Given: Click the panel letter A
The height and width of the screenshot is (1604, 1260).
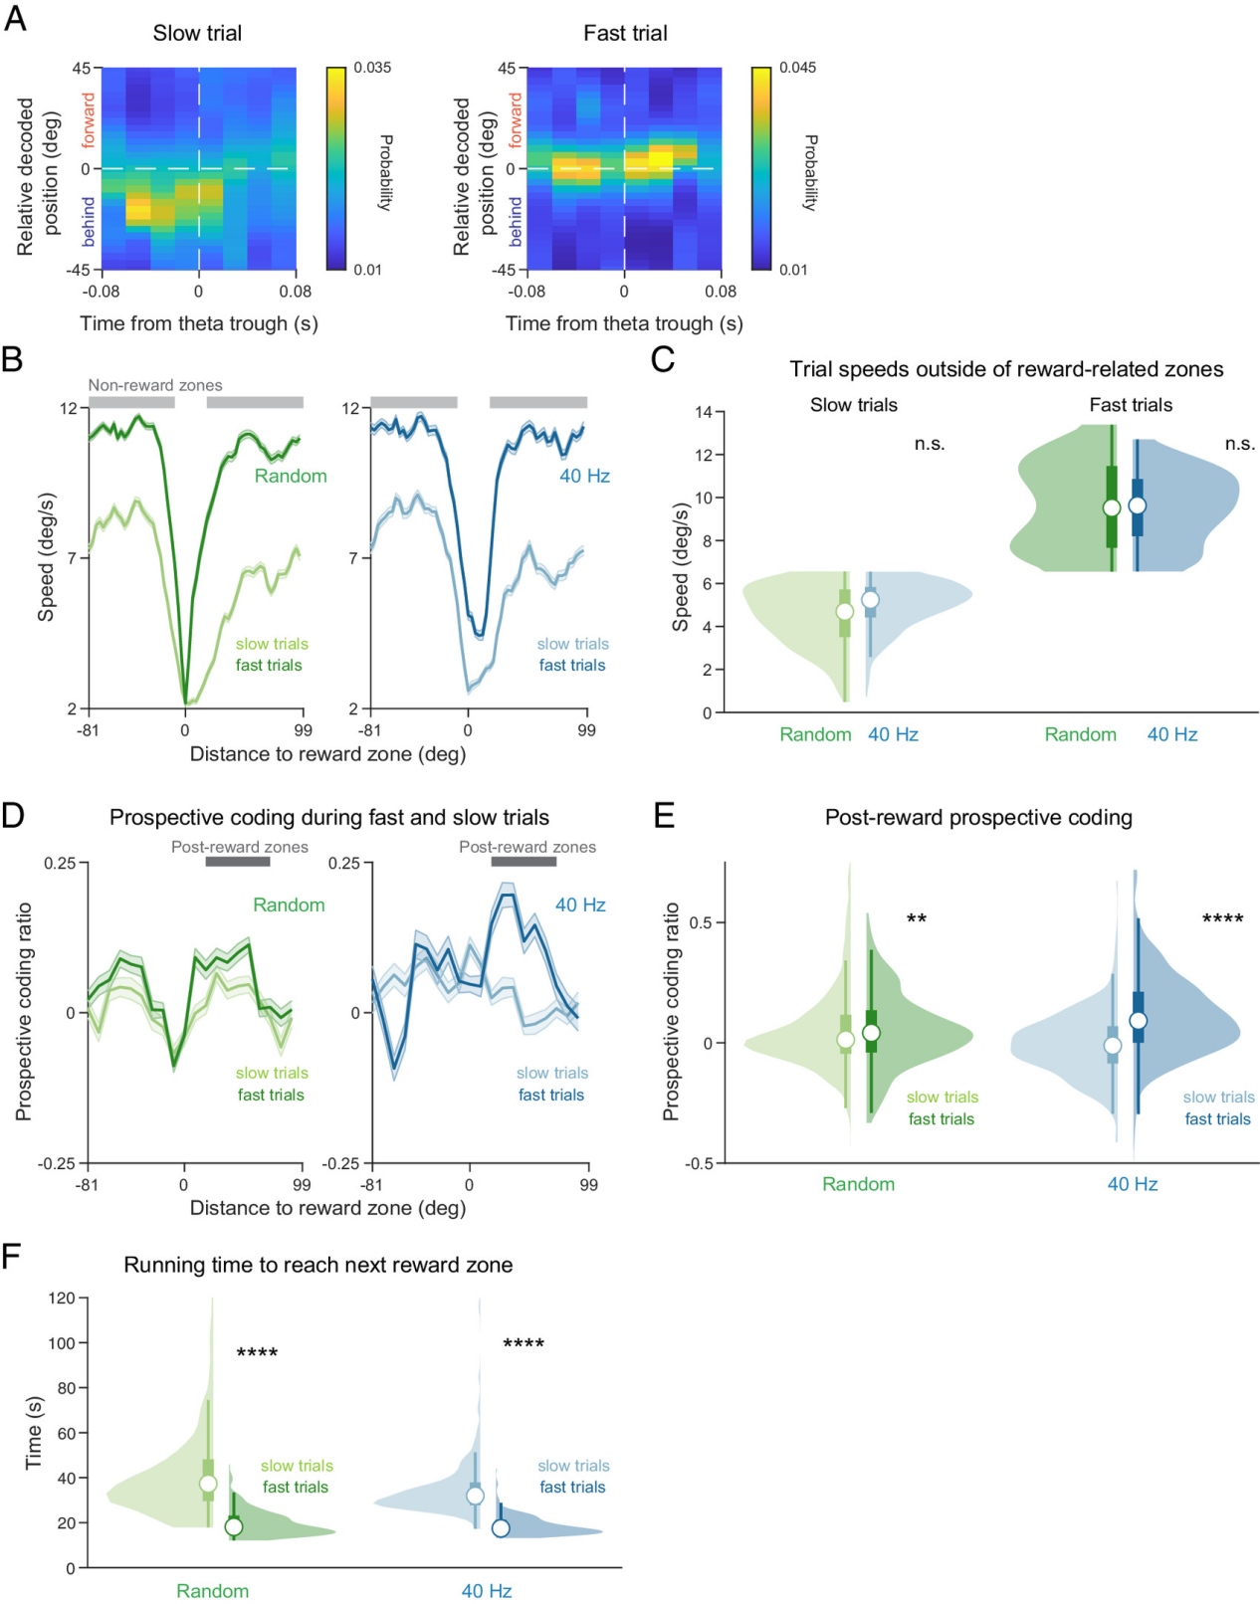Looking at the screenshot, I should [15, 19].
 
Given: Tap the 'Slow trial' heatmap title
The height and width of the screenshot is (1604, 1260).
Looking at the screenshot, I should [197, 33].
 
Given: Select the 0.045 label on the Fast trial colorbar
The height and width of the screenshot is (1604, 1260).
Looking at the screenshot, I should [797, 68].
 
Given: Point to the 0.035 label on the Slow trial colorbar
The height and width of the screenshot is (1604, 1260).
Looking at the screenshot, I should [372, 68].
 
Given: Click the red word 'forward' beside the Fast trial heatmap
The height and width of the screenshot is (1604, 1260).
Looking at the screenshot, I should [515, 120].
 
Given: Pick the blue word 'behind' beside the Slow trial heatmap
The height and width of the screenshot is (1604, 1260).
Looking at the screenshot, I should [89, 221].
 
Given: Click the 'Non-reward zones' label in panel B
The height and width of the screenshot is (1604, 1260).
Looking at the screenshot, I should [155, 385].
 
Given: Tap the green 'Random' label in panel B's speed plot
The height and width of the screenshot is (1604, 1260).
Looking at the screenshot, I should [291, 476].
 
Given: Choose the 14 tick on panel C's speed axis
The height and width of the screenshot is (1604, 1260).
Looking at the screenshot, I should [704, 412].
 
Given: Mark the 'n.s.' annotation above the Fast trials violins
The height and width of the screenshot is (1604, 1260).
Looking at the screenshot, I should [1240, 444].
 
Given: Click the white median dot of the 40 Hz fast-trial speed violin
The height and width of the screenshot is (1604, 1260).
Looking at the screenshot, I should [1137, 505].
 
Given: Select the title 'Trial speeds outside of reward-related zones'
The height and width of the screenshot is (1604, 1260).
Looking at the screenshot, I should [1006, 369].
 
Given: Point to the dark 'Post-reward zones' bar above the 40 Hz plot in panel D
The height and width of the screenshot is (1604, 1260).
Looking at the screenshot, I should [524, 862].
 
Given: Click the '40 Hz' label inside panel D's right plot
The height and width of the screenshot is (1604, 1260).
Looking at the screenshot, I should [580, 904].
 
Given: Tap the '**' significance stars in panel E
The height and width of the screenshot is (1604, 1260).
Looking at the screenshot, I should [917, 918].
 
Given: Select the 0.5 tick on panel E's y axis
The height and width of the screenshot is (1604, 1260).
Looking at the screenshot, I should [701, 922].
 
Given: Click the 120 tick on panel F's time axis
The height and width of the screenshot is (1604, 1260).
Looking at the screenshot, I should [62, 1298].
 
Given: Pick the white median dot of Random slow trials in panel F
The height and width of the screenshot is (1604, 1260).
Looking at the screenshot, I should [208, 1484].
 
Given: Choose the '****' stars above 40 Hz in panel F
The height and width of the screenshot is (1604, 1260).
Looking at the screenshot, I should [524, 1344].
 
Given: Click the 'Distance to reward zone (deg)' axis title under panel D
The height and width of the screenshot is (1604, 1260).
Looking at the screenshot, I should [327, 1207].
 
